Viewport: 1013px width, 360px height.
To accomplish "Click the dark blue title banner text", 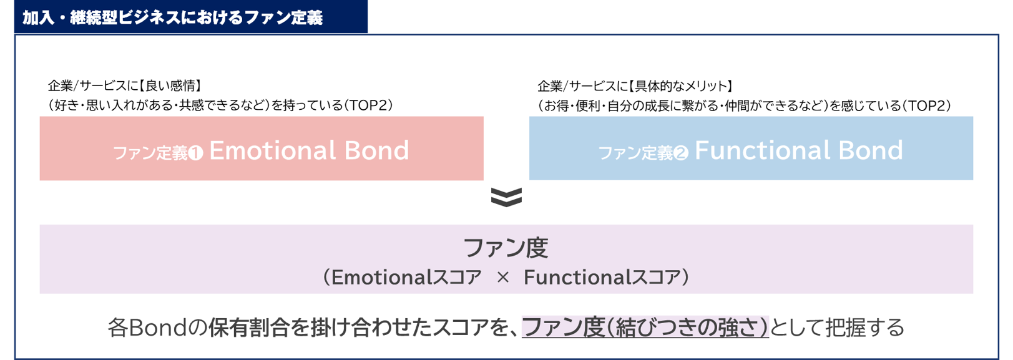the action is [172, 17].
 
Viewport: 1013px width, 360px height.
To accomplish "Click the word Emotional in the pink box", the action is [272, 150].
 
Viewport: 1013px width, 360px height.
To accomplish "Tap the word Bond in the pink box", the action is [377, 150].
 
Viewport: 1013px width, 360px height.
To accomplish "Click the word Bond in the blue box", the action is [871, 150].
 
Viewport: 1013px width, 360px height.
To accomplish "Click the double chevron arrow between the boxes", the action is [507, 197].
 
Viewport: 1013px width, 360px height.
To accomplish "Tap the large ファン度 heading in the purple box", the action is [506, 248].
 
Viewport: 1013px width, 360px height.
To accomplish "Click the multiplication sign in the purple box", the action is [502, 277].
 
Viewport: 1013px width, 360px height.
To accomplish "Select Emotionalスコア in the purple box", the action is [406, 277].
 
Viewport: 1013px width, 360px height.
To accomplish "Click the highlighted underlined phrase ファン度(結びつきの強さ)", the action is [645, 328].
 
